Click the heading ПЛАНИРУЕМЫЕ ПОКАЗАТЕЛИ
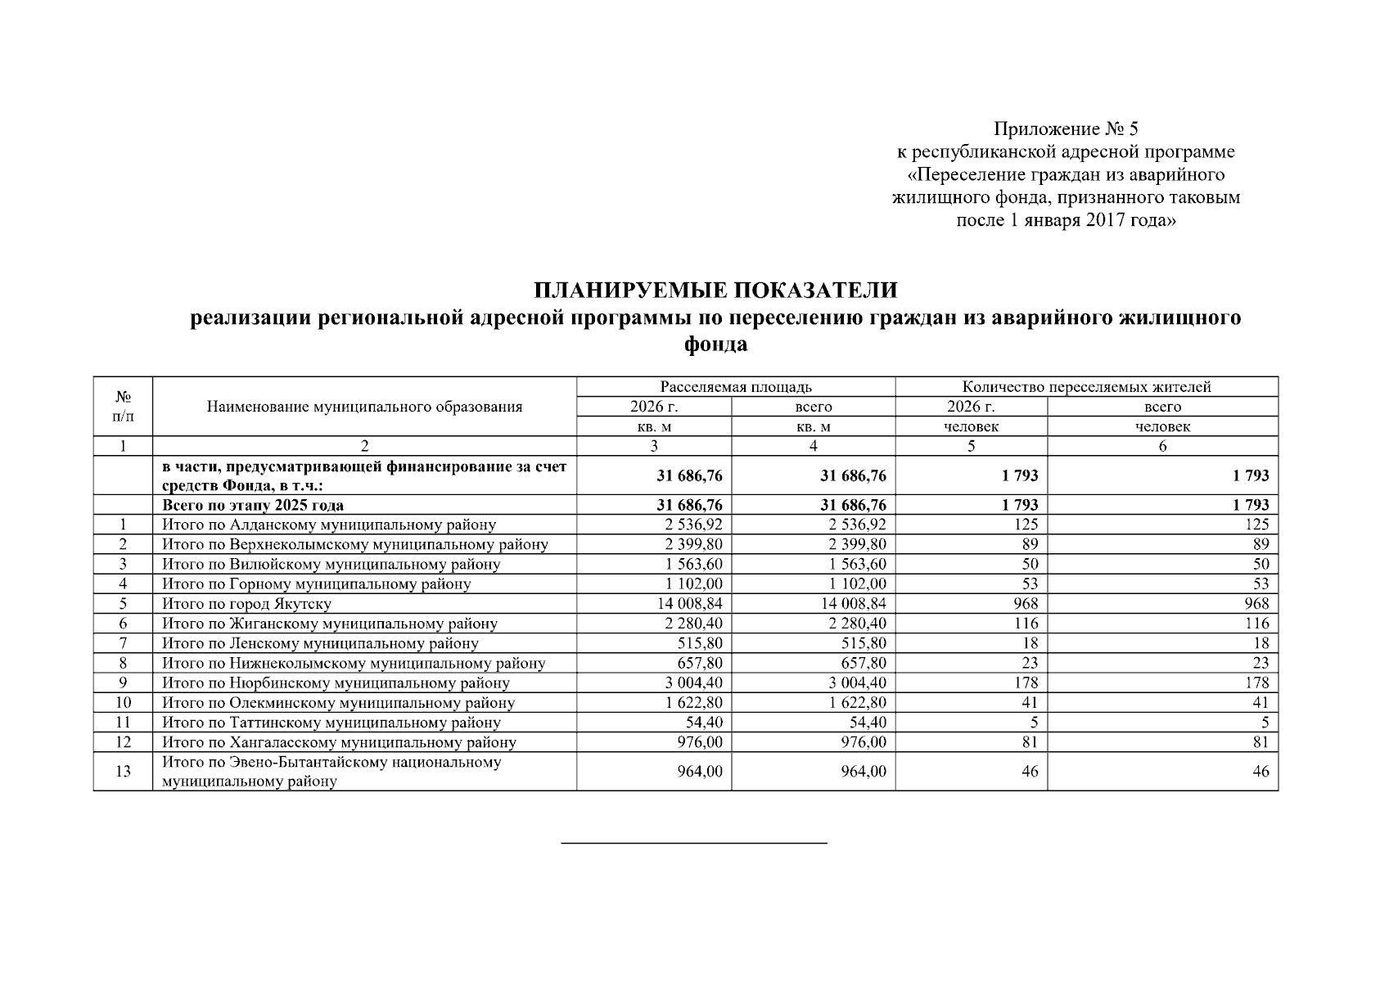coord(715,291)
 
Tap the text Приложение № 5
coord(1066,129)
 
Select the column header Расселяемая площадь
coord(735,386)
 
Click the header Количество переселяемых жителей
coord(1085,386)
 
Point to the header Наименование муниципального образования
coord(364,407)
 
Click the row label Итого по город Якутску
coord(246,604)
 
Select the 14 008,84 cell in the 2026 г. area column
coord(688,604)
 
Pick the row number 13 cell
coord(123,771)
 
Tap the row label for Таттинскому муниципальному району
coord(331,723)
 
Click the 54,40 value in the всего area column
coord(863,723)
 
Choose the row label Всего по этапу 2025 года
coord(252,505)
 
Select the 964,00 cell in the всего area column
coord(863,771)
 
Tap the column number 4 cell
coord(813,446)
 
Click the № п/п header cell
coord(123,406)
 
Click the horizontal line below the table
coord(693,842)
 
